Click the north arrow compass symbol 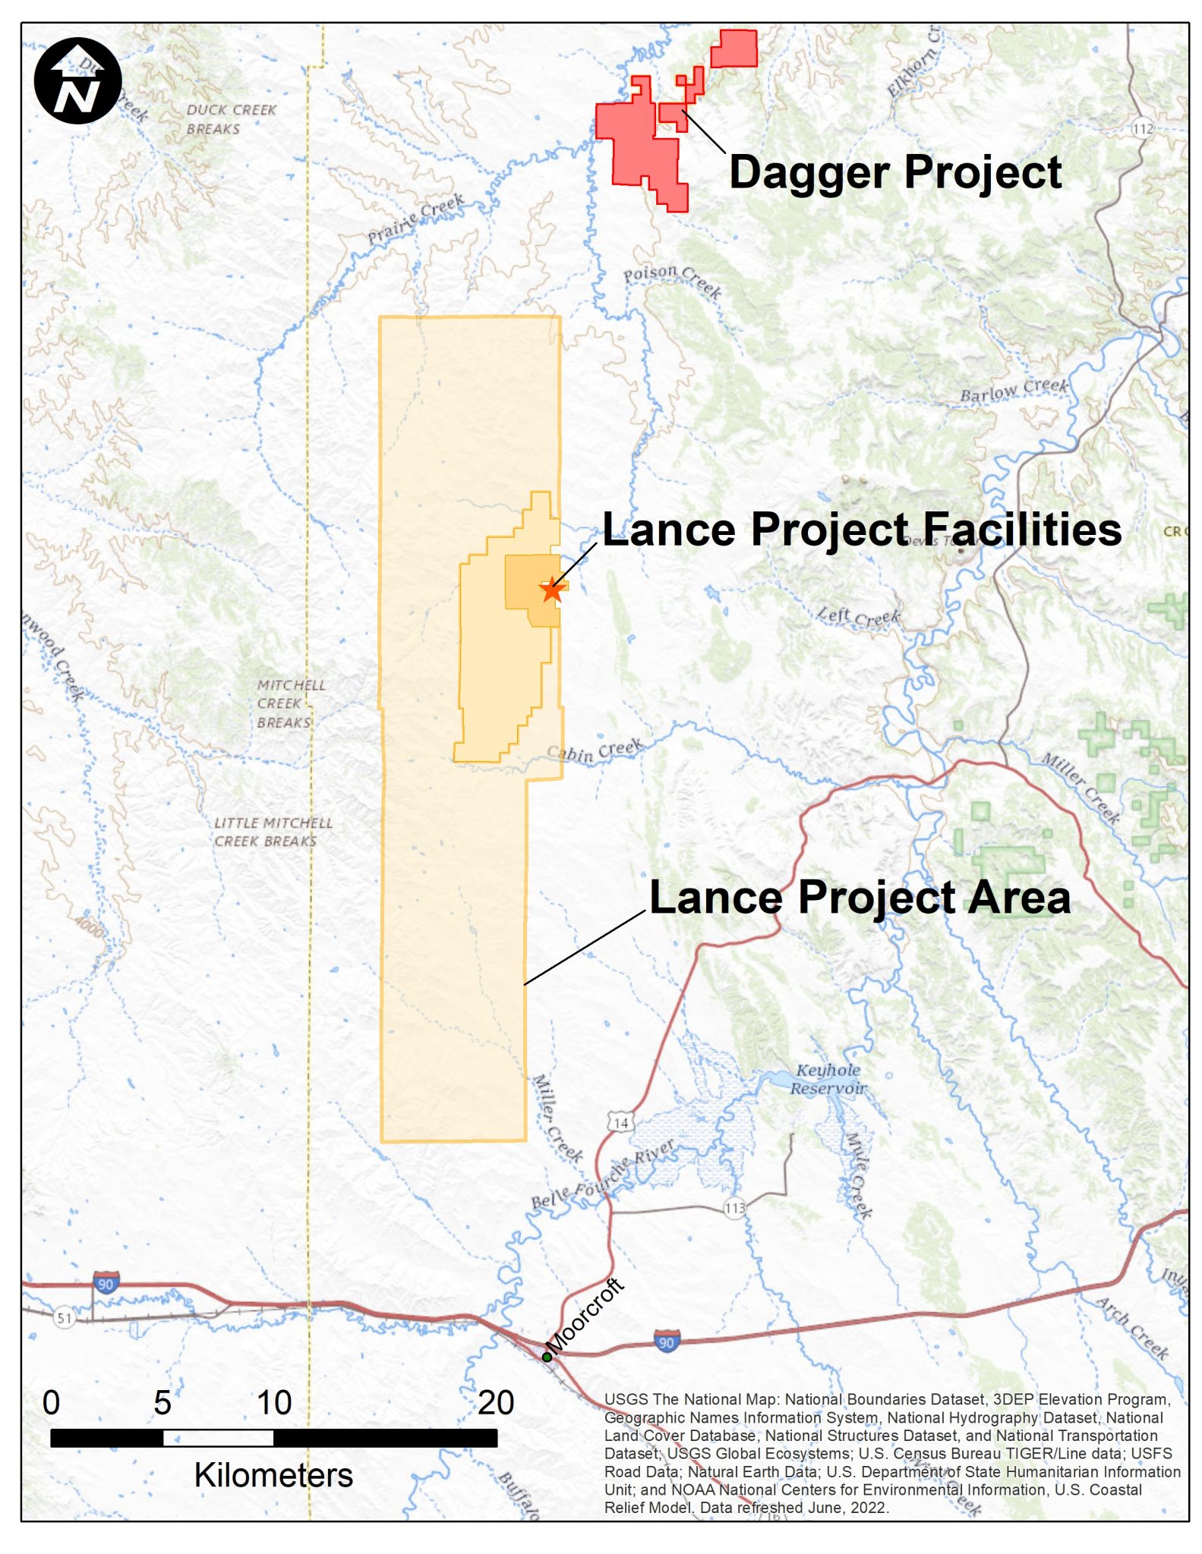77,80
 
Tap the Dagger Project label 894,172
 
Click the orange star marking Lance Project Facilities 552,590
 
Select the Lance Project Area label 860,898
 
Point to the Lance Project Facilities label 862,529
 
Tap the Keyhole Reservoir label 828,1079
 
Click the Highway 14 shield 620,1122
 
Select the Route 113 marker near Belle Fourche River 734,1208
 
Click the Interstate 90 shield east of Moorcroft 666,1342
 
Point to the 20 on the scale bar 496,1403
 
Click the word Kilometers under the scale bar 273,1475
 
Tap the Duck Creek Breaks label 231,119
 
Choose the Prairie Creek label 415,219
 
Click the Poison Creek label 672,280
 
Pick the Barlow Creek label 1014,390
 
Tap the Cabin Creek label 595,750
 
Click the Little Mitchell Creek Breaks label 273,832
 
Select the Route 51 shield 65,1318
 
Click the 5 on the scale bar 162,1403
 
